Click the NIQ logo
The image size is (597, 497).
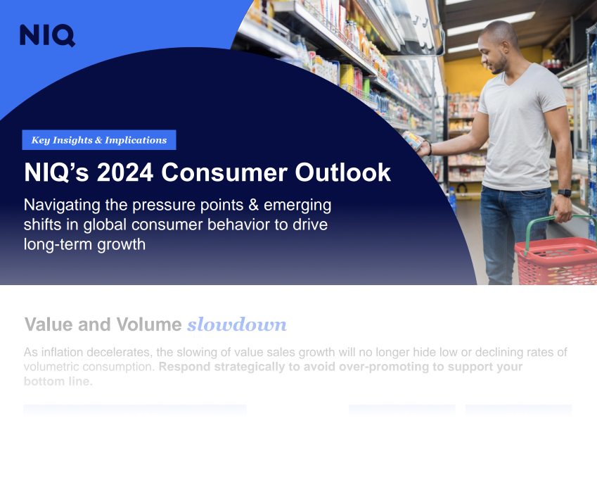click(x=47, y=35)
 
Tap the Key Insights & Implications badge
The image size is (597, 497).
click(x=99, y=140)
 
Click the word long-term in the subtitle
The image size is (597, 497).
click(x=55, y=244)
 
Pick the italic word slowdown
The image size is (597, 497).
click(x=237, y=325)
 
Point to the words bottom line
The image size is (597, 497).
click(x=58, y=382)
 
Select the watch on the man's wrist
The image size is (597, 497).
click(x=564, y=192)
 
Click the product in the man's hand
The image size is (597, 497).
click(x=413, y=140)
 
